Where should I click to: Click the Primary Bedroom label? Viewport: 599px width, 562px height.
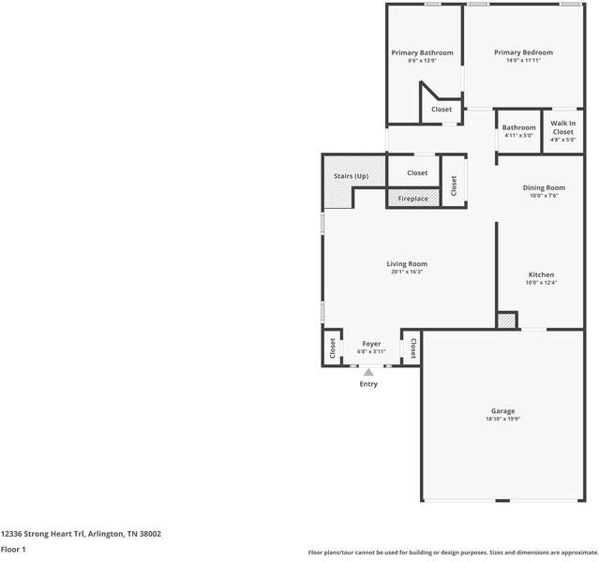click(x=523, y=52)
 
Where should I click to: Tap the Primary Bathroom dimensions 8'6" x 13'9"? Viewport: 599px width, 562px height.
click(x=422, y=61)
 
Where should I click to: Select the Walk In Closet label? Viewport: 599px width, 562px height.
click(x=563, y=127)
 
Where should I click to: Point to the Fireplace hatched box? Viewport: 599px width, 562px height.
click(x=413, y=199)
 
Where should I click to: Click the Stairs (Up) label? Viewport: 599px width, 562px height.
click(x=352, y=176)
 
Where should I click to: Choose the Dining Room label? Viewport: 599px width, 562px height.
click(x=544, y=188)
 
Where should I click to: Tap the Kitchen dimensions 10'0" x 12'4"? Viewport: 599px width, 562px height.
click(x=541, y=283)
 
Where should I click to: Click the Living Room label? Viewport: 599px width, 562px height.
click(x=407, y=264)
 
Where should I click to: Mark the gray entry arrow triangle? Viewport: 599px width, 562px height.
click(x=368, y=372)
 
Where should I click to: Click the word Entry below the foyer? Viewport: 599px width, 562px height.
click(x=368, y=384)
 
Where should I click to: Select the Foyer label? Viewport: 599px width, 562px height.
click(x=371, y=344)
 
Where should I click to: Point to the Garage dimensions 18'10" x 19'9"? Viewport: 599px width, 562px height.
click(x=502, y=419)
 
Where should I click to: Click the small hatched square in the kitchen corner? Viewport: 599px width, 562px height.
click(x=507, y=320)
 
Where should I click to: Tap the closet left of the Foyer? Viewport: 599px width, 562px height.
click(x=332, y=348)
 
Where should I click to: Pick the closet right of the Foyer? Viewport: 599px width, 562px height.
click(x=412, y=348)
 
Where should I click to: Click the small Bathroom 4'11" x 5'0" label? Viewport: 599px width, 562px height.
click(x=518, y=130)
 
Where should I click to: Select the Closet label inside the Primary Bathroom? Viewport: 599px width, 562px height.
click(x=442, y=110)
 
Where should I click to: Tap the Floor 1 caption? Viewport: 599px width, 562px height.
click(x=13, y=550)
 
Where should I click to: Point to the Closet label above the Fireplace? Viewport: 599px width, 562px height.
click(x=417, y=173)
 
